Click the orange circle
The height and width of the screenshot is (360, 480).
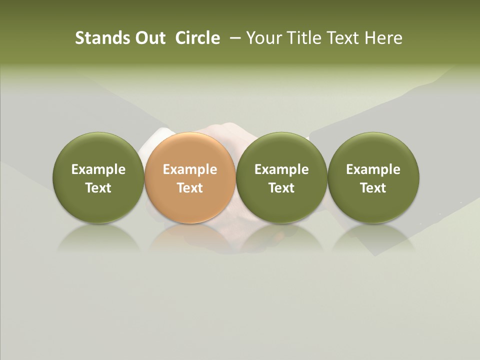190,177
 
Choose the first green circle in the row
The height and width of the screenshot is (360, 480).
98,177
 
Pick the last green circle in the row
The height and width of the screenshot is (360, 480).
373,177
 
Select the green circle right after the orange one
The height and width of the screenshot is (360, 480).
281,177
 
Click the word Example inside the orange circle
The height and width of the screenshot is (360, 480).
190,169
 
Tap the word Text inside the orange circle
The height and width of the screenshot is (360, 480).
190,188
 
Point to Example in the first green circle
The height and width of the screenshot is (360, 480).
98,169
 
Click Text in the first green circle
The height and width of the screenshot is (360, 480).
98,188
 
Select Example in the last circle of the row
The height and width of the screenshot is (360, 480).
373,169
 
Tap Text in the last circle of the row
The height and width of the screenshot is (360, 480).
373,188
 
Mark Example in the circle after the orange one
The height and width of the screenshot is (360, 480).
281,169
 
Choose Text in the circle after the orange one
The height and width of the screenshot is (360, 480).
281,188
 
